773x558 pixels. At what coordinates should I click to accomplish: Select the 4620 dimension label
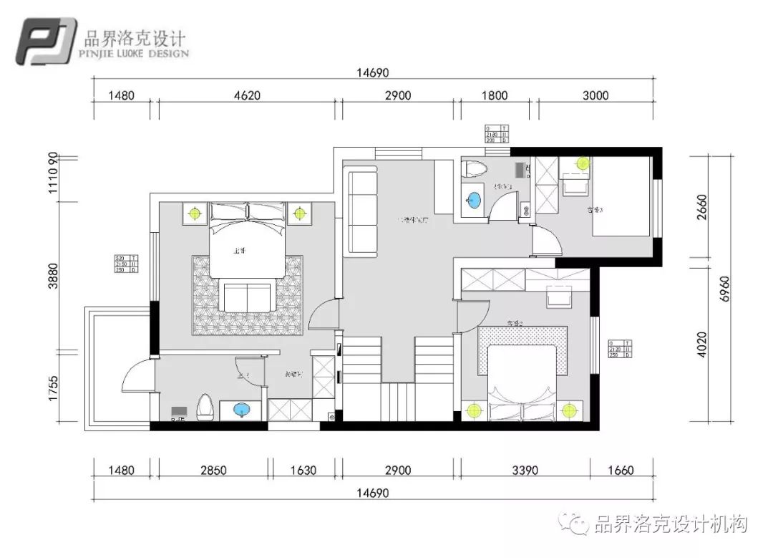(246, 95)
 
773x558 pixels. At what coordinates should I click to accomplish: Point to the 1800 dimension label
(494, 95)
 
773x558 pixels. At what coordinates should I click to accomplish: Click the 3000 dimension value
(594, 95)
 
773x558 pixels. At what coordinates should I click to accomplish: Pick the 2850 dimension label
(213, 471)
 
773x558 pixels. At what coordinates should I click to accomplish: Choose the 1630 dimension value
(306, 471)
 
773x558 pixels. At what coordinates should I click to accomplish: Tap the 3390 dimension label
(523, 471)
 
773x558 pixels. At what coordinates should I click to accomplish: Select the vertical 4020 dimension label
(701, 344)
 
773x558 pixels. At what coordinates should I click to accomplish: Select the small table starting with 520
(125, 264)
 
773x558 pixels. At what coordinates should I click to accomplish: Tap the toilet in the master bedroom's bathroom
(205, 405)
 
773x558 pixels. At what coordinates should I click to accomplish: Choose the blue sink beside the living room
(472, 199)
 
